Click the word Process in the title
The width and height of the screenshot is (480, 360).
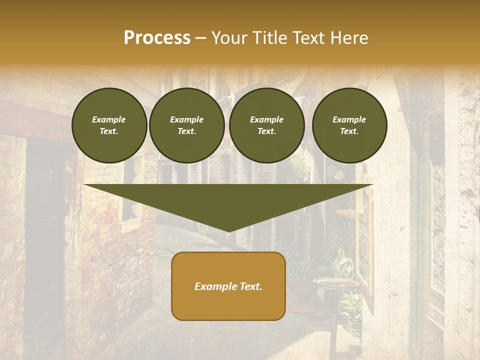[157, 38]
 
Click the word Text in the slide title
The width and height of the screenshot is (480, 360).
[310, 38]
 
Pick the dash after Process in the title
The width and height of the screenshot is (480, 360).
[201, 38]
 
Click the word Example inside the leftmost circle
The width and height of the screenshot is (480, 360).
[109, 119]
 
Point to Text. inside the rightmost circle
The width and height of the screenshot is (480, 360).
[349, 131]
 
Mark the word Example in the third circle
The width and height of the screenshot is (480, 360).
[267, 119]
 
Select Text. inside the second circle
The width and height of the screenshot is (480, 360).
[187, 131]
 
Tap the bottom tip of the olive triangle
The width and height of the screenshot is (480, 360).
[228, 230]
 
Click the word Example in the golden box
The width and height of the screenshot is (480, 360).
[212, 286]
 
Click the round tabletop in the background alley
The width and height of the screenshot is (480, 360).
[336, 283]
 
